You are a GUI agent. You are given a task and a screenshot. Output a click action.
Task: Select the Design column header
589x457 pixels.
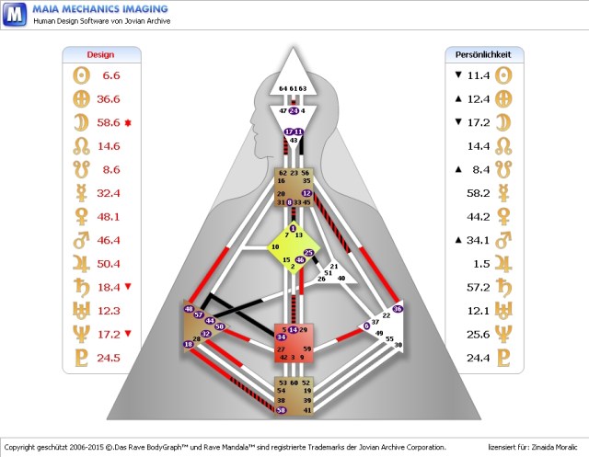[99, 54]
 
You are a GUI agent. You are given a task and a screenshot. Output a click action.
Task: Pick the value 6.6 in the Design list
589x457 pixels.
[111, 75]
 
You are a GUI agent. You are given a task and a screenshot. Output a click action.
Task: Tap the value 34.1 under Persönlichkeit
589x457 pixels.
[477, 241]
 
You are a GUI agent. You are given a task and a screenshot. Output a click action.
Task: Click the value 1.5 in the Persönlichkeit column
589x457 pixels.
[479, 264]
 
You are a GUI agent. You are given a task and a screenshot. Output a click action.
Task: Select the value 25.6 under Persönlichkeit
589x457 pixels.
[477, 335]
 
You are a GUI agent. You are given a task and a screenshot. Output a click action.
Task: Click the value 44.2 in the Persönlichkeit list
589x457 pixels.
[477, 217]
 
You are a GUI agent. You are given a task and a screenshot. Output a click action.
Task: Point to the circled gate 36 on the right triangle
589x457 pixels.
[398, 309]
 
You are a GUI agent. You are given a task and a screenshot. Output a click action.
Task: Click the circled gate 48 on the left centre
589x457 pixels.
[189, 309]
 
